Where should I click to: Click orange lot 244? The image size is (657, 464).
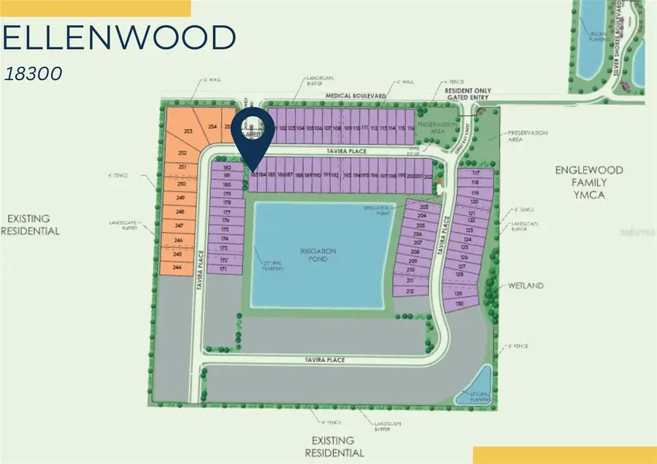pyautogui.click(x=177, y=268)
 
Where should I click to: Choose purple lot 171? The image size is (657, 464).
pyautogui.click(x=223, y=269)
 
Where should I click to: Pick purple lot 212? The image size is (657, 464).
pyautogui.click(x=410, y=291)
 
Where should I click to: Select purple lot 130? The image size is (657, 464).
pyautogui.click(x=459, y=303)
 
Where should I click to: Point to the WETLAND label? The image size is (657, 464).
pyautogui.click(x=526, y=285)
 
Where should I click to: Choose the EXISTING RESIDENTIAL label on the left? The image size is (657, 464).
pyautogui.click(x=34, y=224)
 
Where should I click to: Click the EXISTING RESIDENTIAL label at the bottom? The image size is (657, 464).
pyautogui.click(x=334, y=446)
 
